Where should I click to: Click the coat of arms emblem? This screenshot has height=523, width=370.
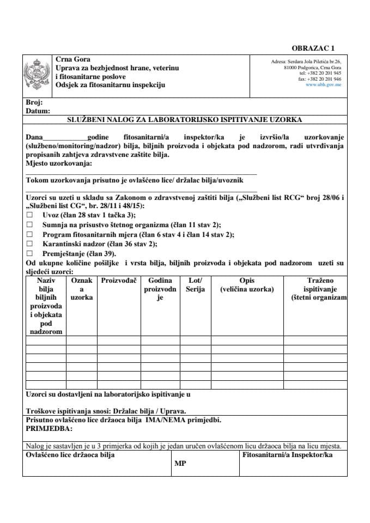[37, 75]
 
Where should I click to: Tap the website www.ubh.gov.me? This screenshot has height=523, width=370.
[324, 85]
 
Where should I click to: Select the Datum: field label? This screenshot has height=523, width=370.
[38, 110]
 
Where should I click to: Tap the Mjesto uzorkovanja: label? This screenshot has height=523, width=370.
[59, 162]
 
